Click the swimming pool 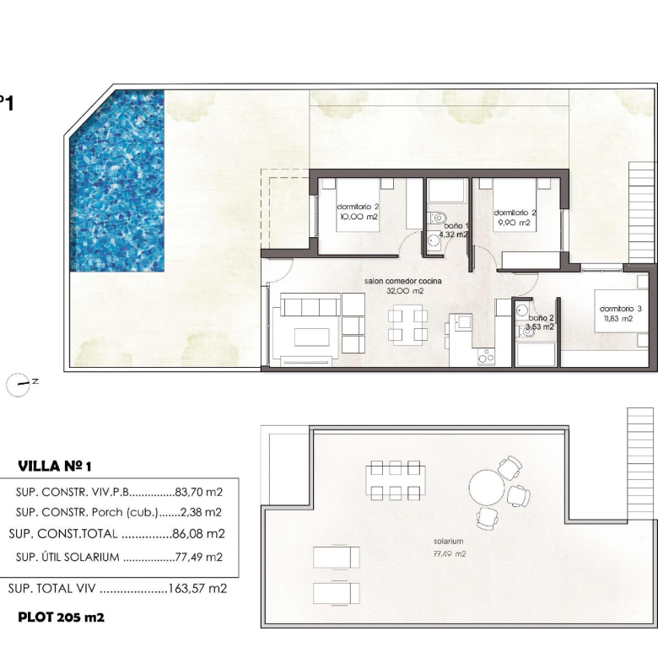[x=116, y=181]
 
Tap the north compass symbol [x=19, y=385]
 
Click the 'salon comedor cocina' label [x=403, y=281]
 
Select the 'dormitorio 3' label [x=620, y=309]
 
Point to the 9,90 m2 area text [x=514, y=223]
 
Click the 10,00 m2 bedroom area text [x=359, y=217]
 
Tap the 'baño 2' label [x=541, y=318]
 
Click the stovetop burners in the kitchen [x=487, y=357]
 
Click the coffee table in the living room [x=312, y=337]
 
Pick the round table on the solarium [x=487, y=488]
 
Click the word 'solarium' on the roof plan [x=449, y=542]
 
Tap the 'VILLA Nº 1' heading [x=55, y=466]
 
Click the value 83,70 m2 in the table [x=199, y=492]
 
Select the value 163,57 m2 [x=197, y=588]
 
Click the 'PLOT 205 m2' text [x=61, y=618]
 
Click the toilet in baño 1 [x=437, y=218]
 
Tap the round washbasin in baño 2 [x=522, y=310]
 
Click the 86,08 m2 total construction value [x=199, y=534]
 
